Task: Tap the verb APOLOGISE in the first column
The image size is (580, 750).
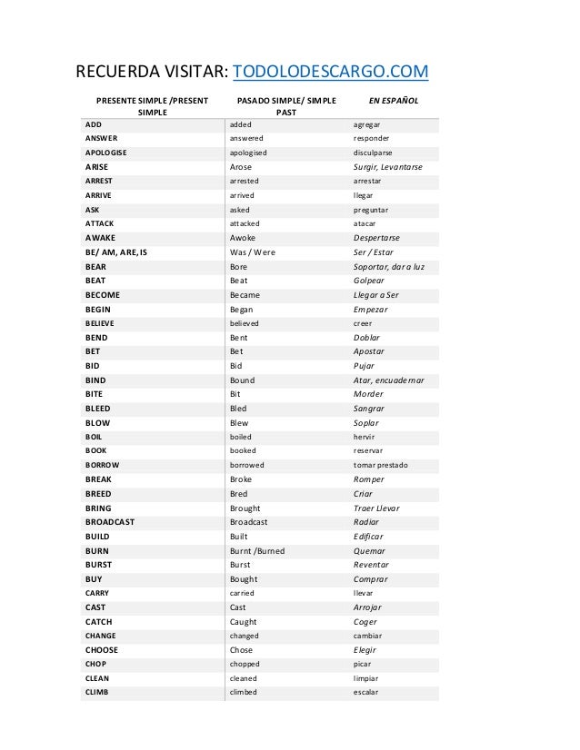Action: tap(106, 153)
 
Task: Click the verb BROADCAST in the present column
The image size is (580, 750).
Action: tap(110, 522)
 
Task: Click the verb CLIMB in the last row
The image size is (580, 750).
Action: tap(96, 692)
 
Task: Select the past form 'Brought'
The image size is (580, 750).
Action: tap(245, 508)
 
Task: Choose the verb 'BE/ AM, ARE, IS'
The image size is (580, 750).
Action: tap(115, 252)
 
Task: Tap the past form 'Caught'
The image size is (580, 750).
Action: tap(244, 622)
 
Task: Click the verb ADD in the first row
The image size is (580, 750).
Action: tap(93, 124)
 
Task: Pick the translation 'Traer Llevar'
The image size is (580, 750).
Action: tap(381, 508)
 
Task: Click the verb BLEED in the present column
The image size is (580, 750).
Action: tap(97, 409)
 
